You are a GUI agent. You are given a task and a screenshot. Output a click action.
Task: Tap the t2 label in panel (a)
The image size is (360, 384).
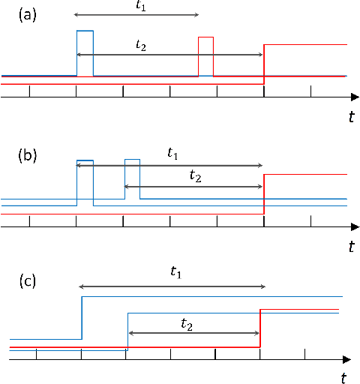click(x=141, y=45)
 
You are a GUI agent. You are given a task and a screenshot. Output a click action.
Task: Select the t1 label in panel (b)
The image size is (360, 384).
click(x=172, y=153)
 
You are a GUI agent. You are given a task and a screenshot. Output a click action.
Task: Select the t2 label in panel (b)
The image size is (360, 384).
click(x=195, y=176)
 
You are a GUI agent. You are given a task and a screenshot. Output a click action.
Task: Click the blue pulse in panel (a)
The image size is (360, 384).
click(x=85, y=52)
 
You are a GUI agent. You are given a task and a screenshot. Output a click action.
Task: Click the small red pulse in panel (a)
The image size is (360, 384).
click(x=206, y=56)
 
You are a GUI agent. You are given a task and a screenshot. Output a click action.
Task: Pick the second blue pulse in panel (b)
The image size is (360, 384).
click(x=133, y=178)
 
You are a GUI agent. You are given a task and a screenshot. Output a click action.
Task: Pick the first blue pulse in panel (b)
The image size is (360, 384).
click(x=85, y=180)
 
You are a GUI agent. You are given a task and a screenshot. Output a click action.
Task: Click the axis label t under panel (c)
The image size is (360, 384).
click(x=343, y=374)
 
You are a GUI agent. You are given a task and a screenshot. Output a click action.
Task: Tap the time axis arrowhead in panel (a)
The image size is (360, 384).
click(x=353, y=97)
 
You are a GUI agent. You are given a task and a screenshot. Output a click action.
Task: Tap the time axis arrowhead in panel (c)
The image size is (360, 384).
click(x=346, y=360)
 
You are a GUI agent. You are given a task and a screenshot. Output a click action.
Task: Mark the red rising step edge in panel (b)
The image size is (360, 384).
click(x=264, y=193)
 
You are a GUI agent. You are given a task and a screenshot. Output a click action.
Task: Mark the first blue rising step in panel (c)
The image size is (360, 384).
click(x=82, y=318)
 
